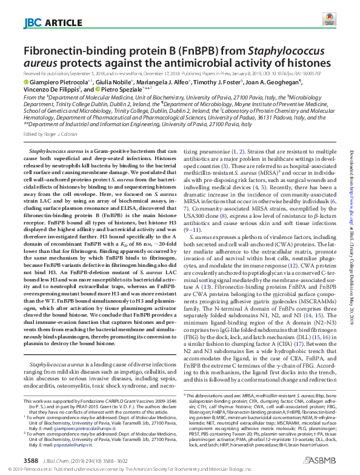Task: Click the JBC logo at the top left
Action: [x=32, y=24]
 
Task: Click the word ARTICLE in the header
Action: [x=61, y=24]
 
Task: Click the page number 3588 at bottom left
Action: [x=31, y=461]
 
